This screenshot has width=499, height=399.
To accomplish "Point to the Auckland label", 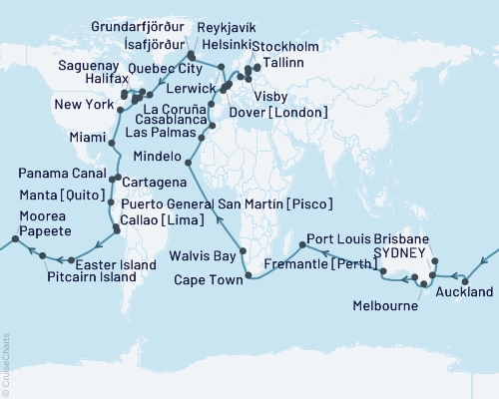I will (x=465, y=292).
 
